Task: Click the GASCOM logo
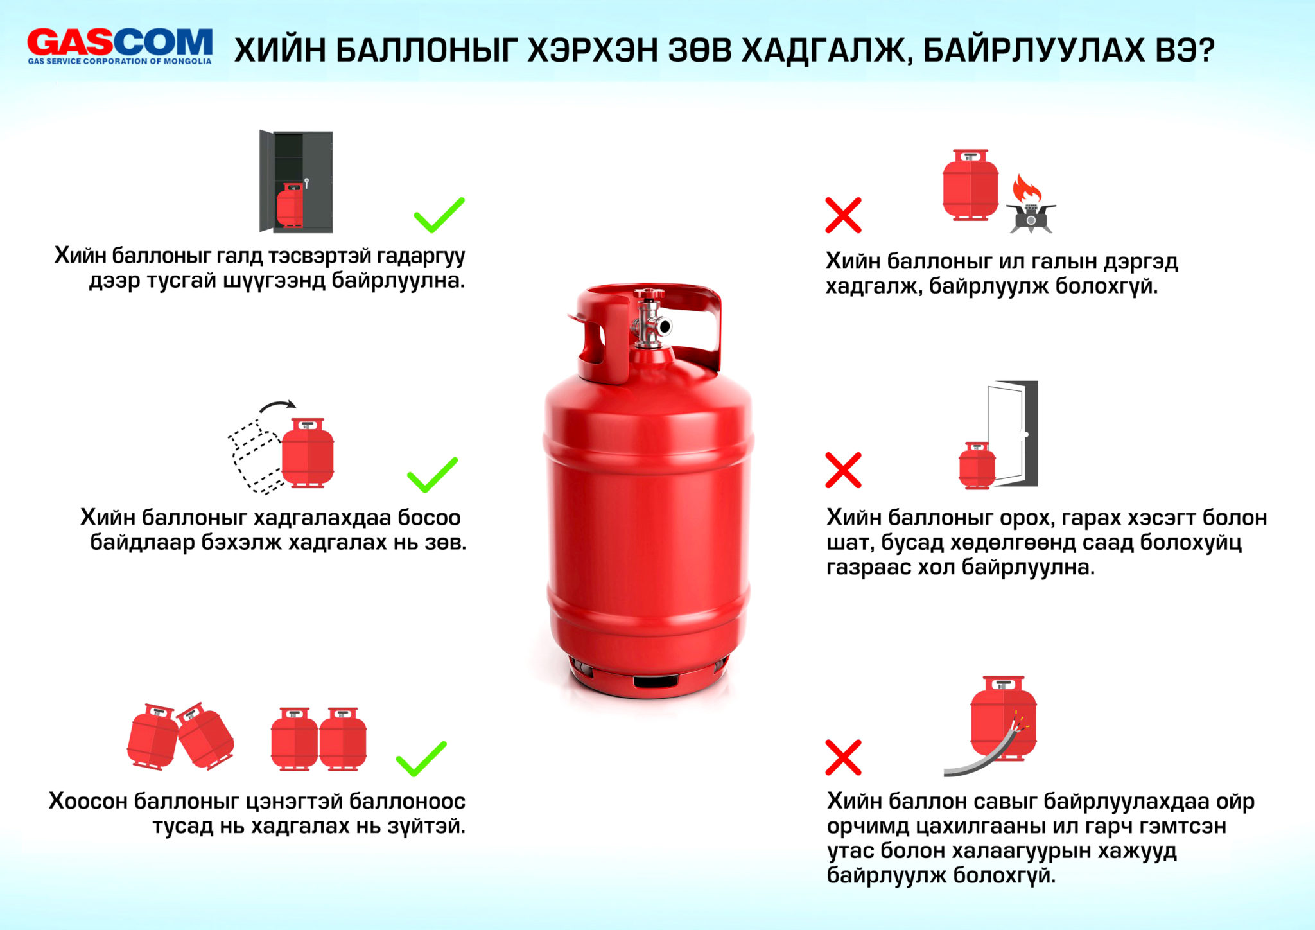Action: [119, 46]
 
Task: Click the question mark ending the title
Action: [1205, 49]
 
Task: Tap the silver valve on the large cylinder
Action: [650, 319]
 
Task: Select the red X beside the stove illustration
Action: [843, 215]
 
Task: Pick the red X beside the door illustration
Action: [843, 470]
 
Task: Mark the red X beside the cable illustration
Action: [843, 757]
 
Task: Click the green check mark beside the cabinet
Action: [439, 215]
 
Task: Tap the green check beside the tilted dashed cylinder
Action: [433, 475]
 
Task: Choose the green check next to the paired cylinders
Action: [421, 759]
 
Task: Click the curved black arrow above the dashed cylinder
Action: [277, 406]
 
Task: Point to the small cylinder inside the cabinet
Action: [290, 205]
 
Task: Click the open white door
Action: [1006, 434]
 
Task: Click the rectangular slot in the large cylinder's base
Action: [656, 680]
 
